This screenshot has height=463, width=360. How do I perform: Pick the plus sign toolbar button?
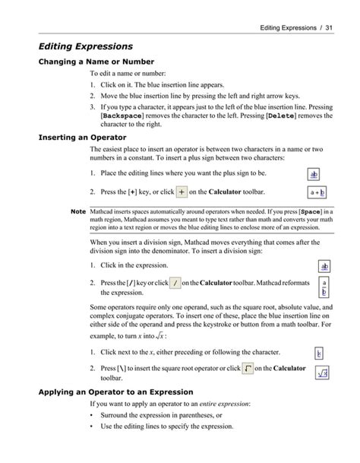click(182, 193)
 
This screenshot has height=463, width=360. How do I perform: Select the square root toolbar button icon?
click(248, 369)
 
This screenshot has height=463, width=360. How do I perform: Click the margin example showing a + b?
click(317, 193)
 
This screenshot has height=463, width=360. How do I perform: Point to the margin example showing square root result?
click(322, 373)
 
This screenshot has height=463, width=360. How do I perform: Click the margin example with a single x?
click(320, 353)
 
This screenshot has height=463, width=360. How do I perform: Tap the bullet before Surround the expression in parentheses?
click(92, 416)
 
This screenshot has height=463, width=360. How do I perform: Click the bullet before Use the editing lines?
click(92, 427)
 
